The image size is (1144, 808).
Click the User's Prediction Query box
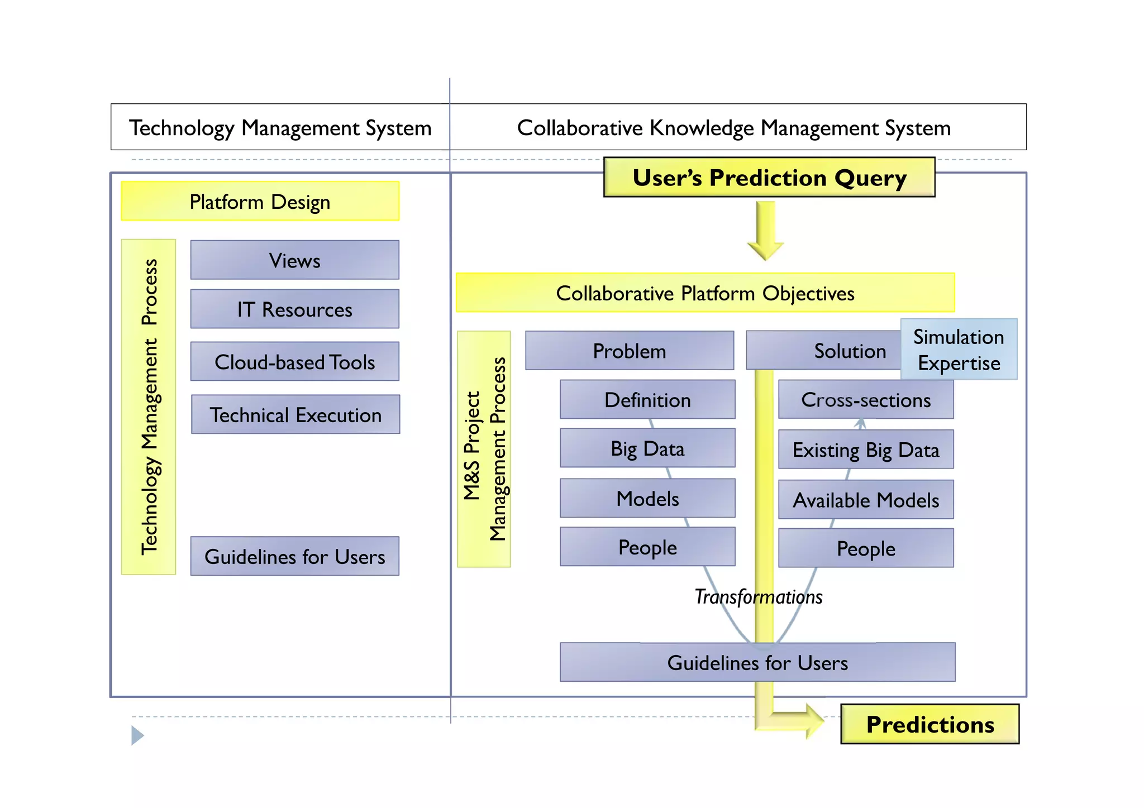(769, 178)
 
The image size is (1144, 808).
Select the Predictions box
(929, 724)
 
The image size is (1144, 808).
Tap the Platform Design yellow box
(260, 202)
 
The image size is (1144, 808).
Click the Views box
(294, 260)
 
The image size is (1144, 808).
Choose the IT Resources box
(294, 309)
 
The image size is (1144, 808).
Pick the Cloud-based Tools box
(294, 362)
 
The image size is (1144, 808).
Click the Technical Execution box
(295, 414)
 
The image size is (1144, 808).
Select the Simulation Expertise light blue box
(959, 350)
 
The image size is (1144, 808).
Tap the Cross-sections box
(865, 400)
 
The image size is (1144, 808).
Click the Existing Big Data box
(865, 450)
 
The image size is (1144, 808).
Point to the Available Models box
(865, 500)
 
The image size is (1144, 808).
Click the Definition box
(647, 400)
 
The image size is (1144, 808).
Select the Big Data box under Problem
(647, 448)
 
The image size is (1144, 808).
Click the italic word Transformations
(758, 597)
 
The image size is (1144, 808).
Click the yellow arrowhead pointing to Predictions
(813, 720)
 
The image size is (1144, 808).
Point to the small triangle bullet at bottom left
(137, 735)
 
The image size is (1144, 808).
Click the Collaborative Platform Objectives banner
(705, 293)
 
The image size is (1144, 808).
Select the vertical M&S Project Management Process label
(484, 449)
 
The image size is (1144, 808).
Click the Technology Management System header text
(280, 128)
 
